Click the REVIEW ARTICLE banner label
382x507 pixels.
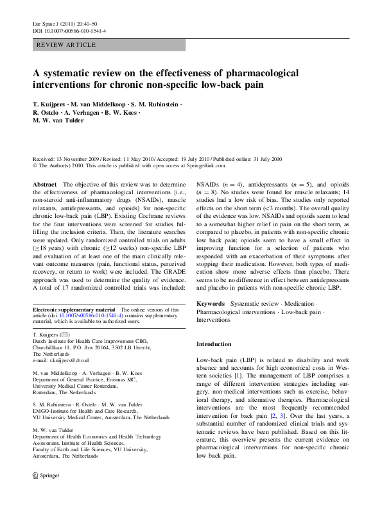tap(67, 45)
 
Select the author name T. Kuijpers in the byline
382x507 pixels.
tap(50, 104)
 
